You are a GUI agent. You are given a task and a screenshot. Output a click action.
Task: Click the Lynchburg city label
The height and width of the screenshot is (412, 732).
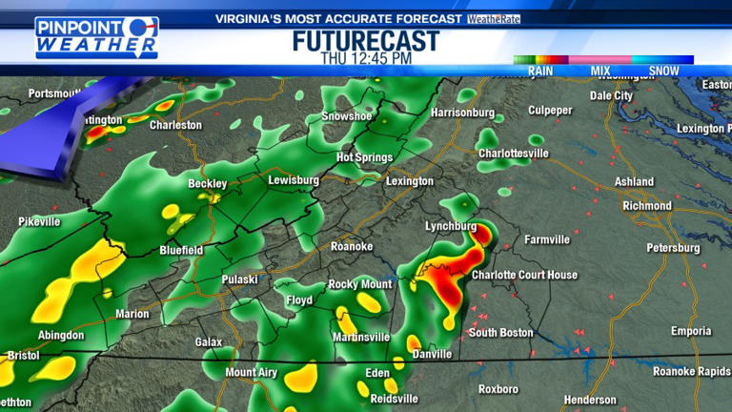point(450,226)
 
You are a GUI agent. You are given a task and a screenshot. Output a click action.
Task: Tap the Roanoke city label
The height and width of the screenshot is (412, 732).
point(351,246)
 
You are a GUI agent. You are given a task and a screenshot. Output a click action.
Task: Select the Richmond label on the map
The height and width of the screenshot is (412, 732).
point(646,205)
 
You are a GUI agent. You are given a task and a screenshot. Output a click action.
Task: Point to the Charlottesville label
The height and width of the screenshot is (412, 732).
point(514,153)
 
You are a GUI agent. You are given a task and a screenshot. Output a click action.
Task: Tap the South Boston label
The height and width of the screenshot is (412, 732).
point(501,332)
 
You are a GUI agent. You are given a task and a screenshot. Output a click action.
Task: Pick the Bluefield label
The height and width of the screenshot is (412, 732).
point(180,250)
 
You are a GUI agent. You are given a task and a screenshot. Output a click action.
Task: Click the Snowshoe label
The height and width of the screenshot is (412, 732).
point(345,116)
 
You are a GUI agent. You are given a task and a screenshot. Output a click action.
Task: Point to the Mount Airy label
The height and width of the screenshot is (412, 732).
point(254,372)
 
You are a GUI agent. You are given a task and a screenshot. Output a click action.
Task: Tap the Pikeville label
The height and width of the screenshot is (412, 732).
point(38,221)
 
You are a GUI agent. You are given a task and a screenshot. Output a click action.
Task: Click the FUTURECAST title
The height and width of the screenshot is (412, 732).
point(366,41)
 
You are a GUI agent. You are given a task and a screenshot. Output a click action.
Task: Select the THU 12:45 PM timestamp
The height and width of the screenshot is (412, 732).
point(366,59)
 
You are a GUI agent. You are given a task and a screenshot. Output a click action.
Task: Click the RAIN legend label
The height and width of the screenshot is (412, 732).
point(540,71)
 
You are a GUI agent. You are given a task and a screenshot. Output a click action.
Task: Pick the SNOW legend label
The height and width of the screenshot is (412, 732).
point(663,71)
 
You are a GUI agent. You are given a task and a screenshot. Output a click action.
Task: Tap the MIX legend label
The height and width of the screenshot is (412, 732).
point(600,71)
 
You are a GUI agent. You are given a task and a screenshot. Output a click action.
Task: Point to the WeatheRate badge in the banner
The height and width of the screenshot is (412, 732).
point(494,19)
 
